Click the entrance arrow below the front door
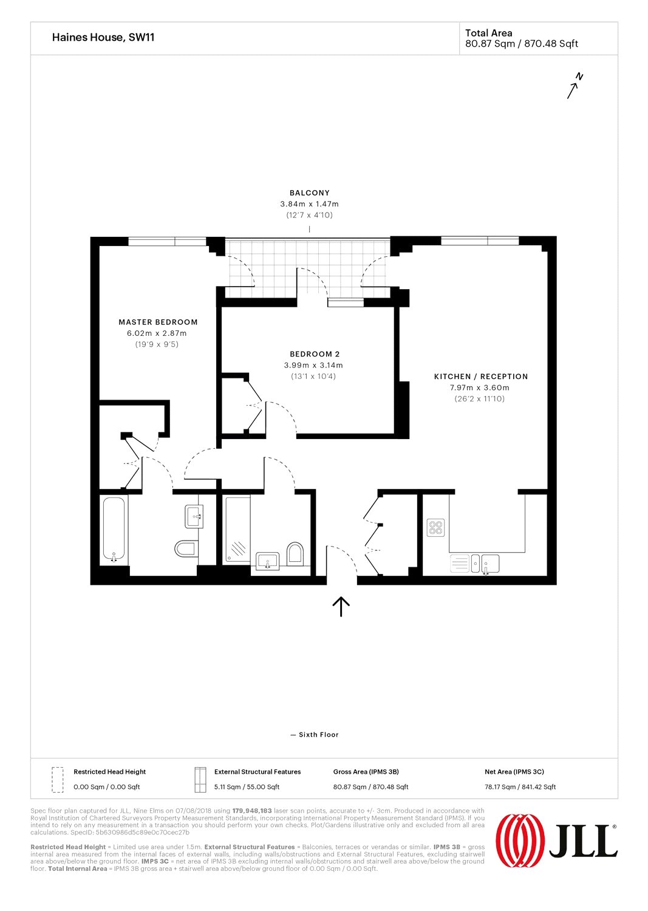point(341,606)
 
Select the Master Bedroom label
point(158,322)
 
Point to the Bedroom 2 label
point(315,354)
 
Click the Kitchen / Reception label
point(481,377)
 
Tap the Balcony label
point(310,193)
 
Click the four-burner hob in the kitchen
point(435,528)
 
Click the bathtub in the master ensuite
point(114,530)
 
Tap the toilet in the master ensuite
point(186,548)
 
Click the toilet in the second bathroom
point(295,554)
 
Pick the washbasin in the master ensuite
point(194,516)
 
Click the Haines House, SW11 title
point(103,38)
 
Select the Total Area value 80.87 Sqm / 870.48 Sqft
point(522,44)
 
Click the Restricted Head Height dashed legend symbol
point(58,780)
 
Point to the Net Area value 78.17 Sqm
point(520,786)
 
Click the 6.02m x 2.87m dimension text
point(157,333)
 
